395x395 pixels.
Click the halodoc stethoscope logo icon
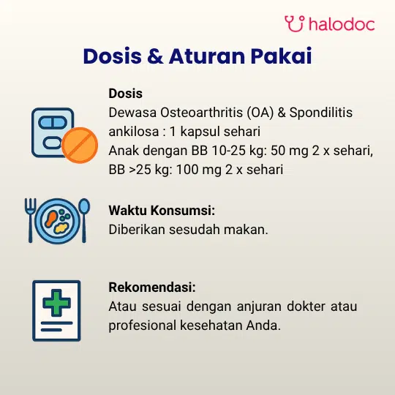295,23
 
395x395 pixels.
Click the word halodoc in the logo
342,24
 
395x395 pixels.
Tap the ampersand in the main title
155,56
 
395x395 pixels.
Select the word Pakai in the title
281,56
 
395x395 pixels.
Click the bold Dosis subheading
126,94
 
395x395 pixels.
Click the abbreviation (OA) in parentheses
260,113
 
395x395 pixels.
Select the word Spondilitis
320,113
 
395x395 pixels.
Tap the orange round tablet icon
80,145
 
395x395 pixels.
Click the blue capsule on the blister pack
53,122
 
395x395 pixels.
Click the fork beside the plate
30,220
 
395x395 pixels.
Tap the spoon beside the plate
84,220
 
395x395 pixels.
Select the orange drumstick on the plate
51,219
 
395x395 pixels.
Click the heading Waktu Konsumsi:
162,211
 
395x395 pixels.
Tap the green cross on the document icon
56,303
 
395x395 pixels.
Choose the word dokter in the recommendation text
306,306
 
